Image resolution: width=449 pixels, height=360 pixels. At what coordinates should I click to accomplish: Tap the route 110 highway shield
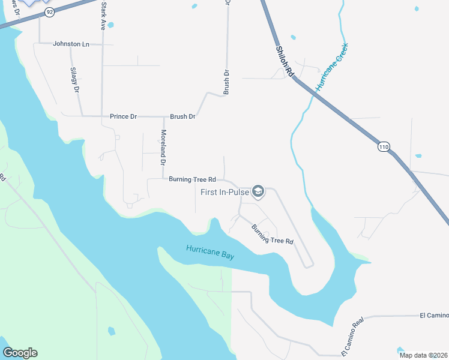[x=384, y=146]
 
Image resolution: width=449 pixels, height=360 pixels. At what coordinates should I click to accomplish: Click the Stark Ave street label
[x=103, y=17]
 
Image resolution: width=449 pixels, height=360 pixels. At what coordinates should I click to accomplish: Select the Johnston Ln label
[x=71, y=44]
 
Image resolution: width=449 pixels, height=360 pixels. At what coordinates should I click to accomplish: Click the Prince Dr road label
[x=123, y=116]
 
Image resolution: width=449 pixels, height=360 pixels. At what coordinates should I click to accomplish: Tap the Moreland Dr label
[x=163, y=147]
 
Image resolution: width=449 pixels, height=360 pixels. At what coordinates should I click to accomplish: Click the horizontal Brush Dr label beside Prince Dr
[x=182, y=116]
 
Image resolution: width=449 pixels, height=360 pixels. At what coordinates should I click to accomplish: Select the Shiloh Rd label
[x=285, y=60]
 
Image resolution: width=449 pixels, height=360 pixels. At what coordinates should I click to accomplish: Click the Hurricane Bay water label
[x=209, y=252]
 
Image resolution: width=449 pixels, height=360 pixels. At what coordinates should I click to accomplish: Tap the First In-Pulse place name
[x=225, y=193]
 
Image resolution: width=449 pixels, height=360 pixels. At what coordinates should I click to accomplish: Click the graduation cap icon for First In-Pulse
[x=258, y=192]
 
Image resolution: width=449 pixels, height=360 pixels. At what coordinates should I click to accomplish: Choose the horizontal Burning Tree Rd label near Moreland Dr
[x=192, y=179]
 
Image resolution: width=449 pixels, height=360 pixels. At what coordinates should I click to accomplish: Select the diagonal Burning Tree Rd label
[x=273, y=233]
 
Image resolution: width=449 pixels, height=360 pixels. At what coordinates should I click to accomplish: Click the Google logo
[x=20, y=353]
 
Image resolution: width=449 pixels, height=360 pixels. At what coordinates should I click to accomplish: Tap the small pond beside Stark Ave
[x=110, y=25]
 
